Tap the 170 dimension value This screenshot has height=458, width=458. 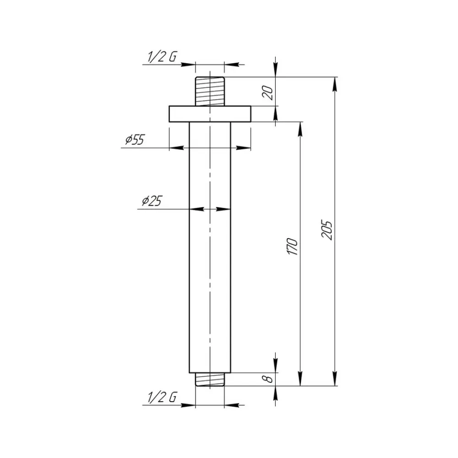pyautogui.click(x=292, y=246)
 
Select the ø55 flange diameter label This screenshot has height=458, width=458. pyautogui.click(x=135, y=140)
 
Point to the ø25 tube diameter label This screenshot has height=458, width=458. pyautogui.click(x=152, y=201)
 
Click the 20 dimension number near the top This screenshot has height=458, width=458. pyautogui.click(x=268, y=93)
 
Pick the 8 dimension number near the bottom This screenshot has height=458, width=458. pyautogui.click(x=268, y=379)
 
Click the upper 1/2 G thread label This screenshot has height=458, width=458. pyautogui.click(x=162, y=57)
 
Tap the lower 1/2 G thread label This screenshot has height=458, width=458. pyautogui.click(x=162, y=397)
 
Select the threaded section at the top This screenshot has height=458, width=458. pyautogui.click(x=210, y=92)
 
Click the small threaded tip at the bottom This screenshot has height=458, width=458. pyautogui.click(x=210, y=379)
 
